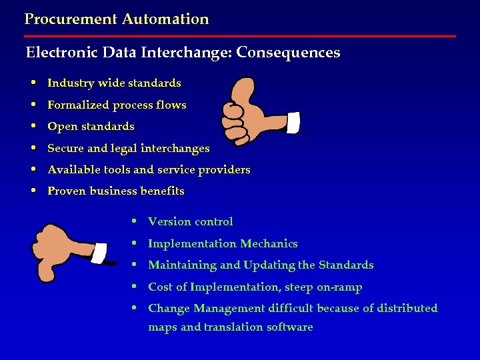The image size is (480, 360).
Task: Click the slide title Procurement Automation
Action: tap(117, 19)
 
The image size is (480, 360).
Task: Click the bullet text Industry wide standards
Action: tap(114, 83)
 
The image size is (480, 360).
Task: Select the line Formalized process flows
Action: tap(117, 105)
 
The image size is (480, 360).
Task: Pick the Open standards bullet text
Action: tap(91, 127)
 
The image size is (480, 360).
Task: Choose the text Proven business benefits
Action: tap(115, 191)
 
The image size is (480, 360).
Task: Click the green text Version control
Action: tap(190, 222)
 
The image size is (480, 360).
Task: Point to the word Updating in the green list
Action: tap(269, 265)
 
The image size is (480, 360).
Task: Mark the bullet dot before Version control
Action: tap(135, 221)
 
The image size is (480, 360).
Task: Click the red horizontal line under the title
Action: tap(240, 36)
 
